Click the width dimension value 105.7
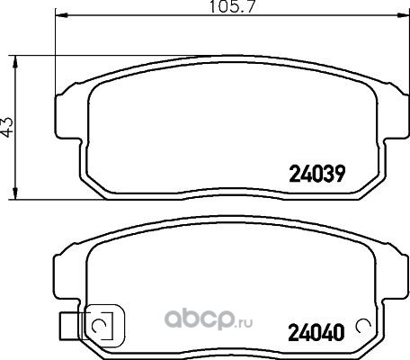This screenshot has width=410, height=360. tap(231, 6)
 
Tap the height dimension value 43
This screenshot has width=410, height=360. tap(7, 126)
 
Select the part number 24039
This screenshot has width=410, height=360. tap(317, 174)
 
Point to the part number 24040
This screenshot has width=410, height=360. tap(316, 333)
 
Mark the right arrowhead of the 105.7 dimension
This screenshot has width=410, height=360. tap(403, 15)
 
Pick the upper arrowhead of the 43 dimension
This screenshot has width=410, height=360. tap(15, 62)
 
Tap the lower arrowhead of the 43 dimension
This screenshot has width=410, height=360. tap(15, 193)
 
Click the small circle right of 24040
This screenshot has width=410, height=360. tap(362, 326)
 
